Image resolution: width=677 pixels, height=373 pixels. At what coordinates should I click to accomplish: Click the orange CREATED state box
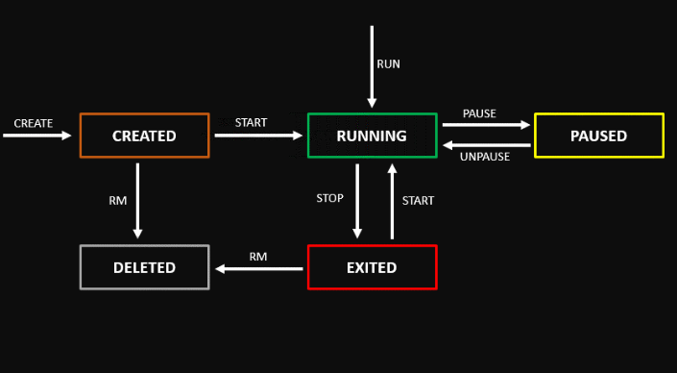[144, 136]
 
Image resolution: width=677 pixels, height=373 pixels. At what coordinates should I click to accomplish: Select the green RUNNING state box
[372, 136]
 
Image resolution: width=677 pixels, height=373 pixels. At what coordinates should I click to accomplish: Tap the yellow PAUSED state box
[598, 136]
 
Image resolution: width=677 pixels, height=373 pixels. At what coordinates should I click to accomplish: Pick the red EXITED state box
[372, 267]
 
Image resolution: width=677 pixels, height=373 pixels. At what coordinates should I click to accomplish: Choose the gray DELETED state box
[144, 267]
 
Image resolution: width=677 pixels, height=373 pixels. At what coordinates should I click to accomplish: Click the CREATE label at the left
[34, 123]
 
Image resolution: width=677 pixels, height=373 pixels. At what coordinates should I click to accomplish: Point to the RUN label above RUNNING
[388, 64]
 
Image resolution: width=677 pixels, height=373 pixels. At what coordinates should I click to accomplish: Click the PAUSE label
[479, 113]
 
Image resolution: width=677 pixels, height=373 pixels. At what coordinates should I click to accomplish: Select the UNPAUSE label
[485, 157]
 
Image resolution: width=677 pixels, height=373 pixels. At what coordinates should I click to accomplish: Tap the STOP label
[329, 198]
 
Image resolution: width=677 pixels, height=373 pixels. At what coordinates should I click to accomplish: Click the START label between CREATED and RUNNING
[251, 122]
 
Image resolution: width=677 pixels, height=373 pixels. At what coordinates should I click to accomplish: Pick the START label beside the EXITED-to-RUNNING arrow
[418, 201]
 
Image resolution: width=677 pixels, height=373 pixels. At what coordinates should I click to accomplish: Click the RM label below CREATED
[118, 201]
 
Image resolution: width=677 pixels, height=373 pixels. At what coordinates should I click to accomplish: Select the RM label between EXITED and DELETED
[257, 257]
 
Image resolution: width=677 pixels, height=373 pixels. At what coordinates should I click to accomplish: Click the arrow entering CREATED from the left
[36, 136]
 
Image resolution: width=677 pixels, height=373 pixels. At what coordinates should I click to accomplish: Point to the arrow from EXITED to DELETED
[258, 269]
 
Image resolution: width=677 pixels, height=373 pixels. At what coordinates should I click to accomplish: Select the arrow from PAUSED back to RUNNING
[487, 145]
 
